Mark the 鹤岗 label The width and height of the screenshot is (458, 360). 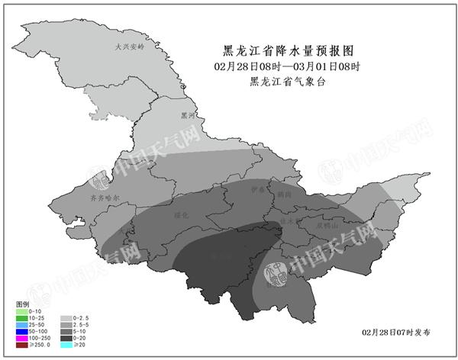(x=285, y=194)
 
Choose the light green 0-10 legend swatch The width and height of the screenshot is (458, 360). (x=20, y=312)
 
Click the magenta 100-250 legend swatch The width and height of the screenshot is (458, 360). (x=20, y=339)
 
